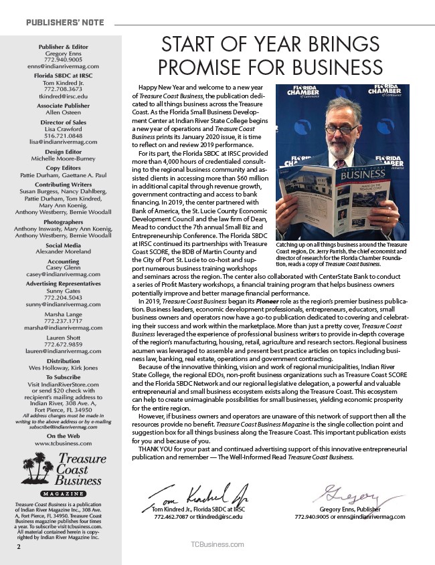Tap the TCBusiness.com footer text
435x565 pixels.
(217, 546)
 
